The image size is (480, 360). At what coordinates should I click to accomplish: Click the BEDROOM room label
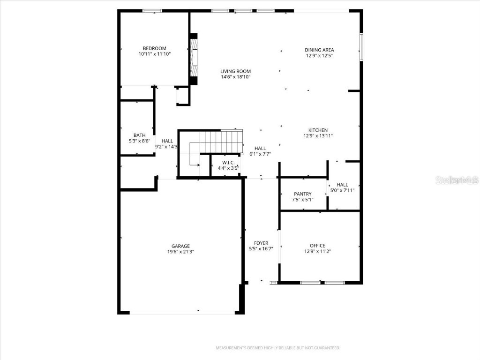[x=154, y=48]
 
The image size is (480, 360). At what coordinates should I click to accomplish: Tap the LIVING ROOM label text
[x=235, y=71]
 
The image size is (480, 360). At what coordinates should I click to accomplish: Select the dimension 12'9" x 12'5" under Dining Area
[x=319, y=56]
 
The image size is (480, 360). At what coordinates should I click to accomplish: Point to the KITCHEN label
[x=318, y=130]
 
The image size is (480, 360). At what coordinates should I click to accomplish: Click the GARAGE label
[x=180, y=246]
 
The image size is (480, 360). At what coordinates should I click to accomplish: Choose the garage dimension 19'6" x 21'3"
[x=180, y=252]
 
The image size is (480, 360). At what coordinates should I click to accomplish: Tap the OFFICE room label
[x=317, y=246]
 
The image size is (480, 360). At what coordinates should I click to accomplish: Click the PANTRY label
[x=303, y=194]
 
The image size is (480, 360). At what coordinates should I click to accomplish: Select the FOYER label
[x=261, y=243]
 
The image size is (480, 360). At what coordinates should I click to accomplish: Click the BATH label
[x=139, y=135]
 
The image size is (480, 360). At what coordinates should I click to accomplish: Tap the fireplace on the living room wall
[x=193, y=59]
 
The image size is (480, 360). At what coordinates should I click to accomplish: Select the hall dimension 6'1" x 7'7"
[x=260, y=154]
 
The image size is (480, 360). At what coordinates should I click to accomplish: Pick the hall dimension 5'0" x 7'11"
[x=342, y=190]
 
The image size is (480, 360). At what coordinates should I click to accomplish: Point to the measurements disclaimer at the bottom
[x=277, y=348]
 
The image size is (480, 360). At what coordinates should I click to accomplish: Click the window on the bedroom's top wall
[x=152, y=11]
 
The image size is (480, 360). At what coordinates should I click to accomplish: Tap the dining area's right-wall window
[x=361, y=46]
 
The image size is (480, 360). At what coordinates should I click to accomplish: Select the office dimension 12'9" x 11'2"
[x=317, y=251]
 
